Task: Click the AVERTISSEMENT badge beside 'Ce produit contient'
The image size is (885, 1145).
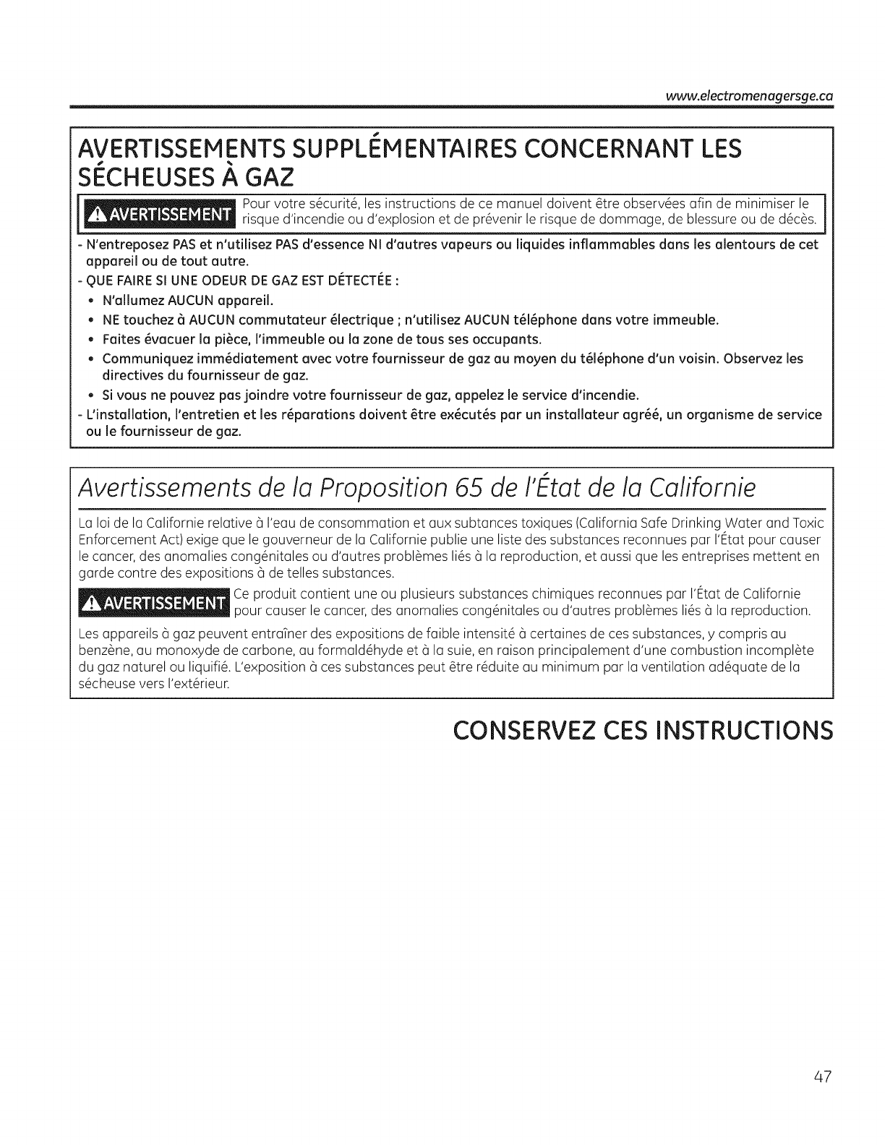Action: (155, 604)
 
